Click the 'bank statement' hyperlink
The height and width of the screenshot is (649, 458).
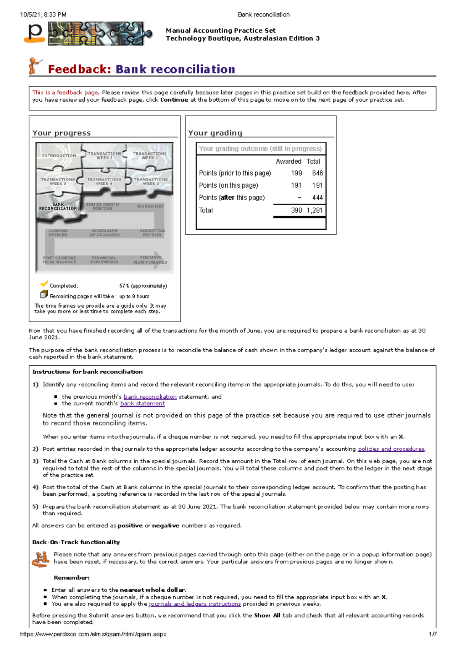click(x=142, y=404)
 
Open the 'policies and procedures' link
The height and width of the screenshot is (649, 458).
click(x=391, y=449)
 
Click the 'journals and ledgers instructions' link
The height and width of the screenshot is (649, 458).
click(x=195, y=604)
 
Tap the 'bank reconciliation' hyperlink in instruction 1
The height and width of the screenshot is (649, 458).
click(x=150, y=397)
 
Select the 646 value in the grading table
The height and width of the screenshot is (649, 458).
click(x=317, y=173)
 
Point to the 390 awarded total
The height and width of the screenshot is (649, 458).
click(x=296, y=210)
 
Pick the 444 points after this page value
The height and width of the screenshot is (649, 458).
click(x=317, y=198)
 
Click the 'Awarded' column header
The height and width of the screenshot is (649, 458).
click(x=289, y=161)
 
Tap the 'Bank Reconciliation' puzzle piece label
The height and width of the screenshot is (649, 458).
click(x=58, y=206)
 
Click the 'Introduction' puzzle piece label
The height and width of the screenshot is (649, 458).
click(x=59, y=156)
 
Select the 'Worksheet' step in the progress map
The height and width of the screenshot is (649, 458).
click(x=150, y=206)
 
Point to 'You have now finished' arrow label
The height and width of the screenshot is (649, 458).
click(x=150, y=260)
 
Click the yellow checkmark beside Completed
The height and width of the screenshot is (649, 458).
click(x=44, y=284)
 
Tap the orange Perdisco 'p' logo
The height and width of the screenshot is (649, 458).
click(x=35, y=33)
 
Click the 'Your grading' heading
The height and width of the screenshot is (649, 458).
click(x=215, y=133)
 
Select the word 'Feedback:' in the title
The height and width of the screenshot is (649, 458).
click(x=79, y=69)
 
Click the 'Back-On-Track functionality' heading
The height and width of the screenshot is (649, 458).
click(x=76, y=542)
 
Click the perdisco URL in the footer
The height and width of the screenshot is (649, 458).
click(x=93, y=634)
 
